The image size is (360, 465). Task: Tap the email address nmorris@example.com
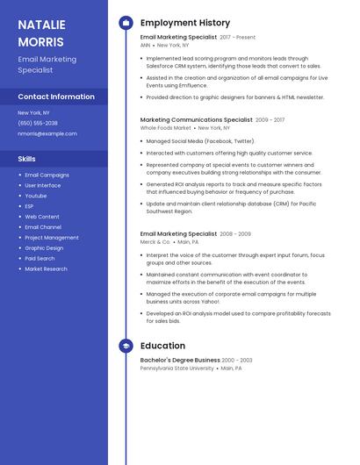(x=47, y=134)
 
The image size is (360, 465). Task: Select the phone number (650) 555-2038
(x=38, y=123)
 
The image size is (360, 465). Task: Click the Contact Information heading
(x=56, y=97)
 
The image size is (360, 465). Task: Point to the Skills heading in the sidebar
(x=27, y=159)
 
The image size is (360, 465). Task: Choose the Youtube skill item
(x=36, y=196)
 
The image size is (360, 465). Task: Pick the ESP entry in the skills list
(x=30, y=206)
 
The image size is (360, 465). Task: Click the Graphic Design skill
(x=44, y=248)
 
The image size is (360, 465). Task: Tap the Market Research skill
(x=46, y=269)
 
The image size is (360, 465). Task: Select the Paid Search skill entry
(x=40, y=259)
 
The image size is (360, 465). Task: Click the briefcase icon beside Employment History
(x=126, y=23)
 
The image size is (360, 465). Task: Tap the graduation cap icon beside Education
(x=126, y=346)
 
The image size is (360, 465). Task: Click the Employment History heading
(x=185, y=23)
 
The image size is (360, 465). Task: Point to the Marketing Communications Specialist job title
(x=196, y=119)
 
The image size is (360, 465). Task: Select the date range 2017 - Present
(x=238, y=38)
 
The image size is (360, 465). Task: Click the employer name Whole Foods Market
(x=166, y=128)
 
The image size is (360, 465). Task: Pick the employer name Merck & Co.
(x=155, y=242)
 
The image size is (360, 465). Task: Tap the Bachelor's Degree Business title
(x=180, y=360)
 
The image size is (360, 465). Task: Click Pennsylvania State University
(x=176, y=368)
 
